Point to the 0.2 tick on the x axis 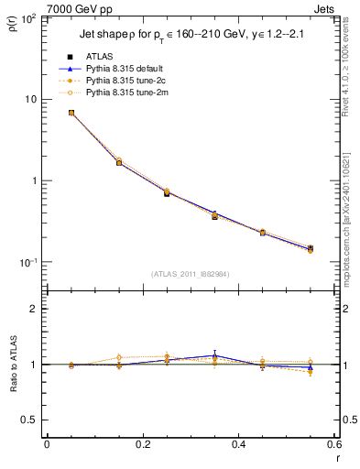click(142, 444)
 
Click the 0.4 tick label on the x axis click(238, 444)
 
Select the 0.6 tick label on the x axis click(333, 444)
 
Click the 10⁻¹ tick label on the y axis click(27, 262)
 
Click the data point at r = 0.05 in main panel click(71, 113)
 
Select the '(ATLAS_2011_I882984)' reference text click(191, 273)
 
